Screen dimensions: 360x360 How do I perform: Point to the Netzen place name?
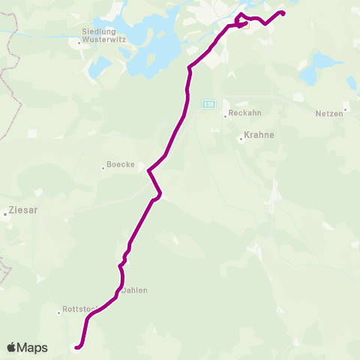(x=328, y=112)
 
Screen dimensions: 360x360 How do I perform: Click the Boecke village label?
(x=121, y=164)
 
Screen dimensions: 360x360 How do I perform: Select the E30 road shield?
(x=208, y=104)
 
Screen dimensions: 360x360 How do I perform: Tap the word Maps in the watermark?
(x=34, y=347)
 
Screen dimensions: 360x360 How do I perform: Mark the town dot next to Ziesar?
(x=5, y=214)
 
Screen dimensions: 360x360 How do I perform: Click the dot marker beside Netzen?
(x=344, y=111)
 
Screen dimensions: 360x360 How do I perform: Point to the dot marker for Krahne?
(x=240, y=139)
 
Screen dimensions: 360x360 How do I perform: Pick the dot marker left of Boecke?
(x=103, y=167)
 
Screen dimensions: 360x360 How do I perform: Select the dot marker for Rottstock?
(x=58, y=312)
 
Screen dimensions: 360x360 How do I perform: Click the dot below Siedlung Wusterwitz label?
(x=79, y=43)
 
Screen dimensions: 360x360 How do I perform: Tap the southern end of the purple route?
(x=76, y=346)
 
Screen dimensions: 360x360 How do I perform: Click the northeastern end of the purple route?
(x=283, y=12)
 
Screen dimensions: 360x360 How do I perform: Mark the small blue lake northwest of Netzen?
(x=309, y=76)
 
